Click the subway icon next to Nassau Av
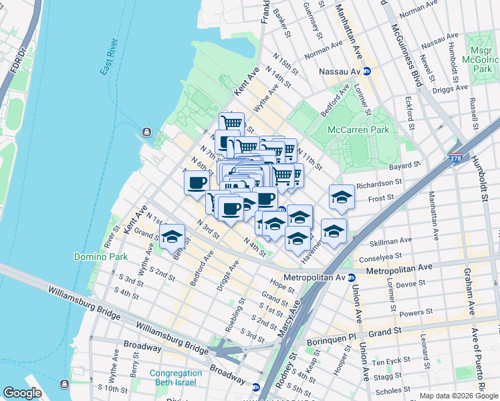click(367, 71)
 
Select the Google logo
click(22, 392)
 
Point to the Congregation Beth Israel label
click(176, 378)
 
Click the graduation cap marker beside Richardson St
click(342, 197)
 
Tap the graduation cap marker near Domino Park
click(172, 236)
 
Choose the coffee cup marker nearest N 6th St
click(197, 182)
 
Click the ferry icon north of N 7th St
click(146, 132)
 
